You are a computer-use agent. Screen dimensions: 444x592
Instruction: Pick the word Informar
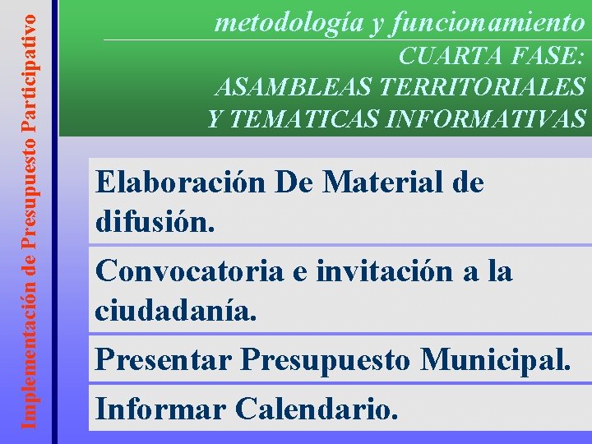pyautogui.click(x=160, y=406)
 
